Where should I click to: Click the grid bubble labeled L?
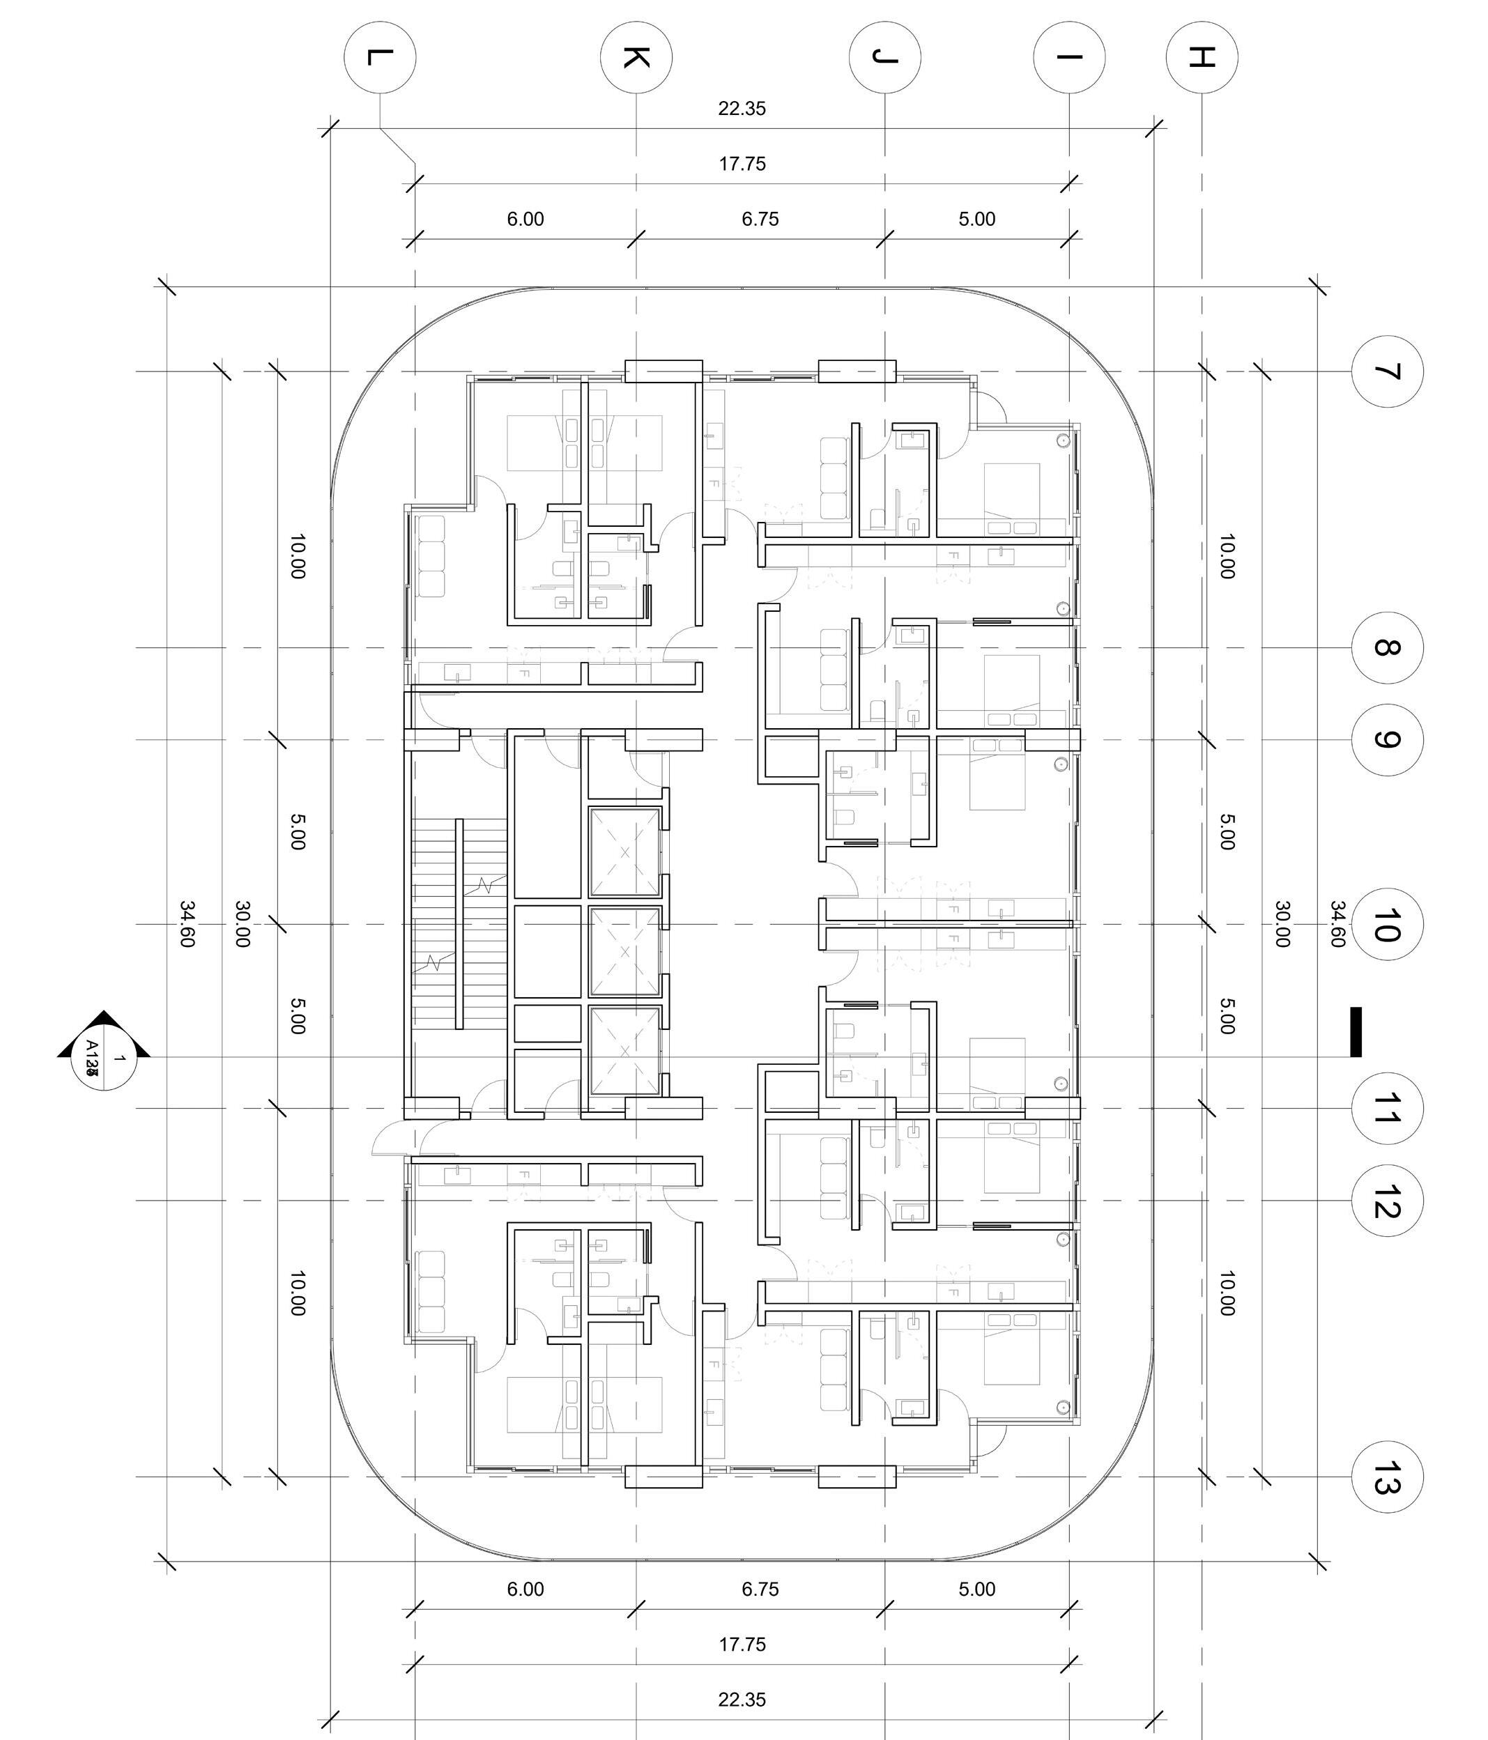pos(380,57)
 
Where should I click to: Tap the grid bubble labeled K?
pos(636,57)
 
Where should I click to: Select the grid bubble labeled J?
pos(884,57)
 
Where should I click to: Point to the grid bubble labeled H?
pos(1202,57)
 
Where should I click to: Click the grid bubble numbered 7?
pos(1387,371)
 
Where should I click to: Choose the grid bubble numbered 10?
pos(1387,924)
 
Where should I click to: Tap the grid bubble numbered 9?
pos(1387,740)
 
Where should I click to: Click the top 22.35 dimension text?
pos(742,108)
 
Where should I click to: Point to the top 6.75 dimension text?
pos(760,220)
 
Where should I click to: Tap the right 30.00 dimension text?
pos(1282,924)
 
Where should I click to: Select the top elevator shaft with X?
pos(624,852)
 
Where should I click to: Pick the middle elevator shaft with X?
pos(624,951)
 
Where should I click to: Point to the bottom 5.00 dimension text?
pos(976,1589)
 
